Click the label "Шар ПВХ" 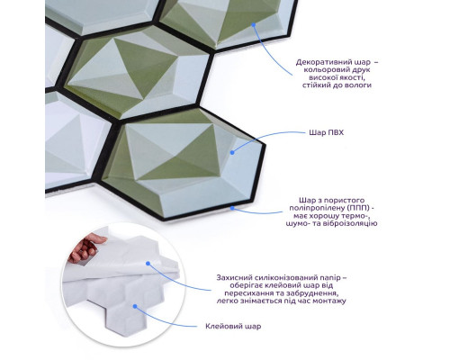[x=326, y=132]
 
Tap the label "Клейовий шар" [x=233, y=326]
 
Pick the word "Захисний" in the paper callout [x=231, y=277]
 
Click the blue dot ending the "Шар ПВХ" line [x=232, y=152]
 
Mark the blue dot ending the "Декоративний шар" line [x=254, y=25]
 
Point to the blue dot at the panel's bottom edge [x=232, y=207]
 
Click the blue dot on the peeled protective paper [x=148, y=264]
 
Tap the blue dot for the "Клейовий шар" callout [x=135, y=306]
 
